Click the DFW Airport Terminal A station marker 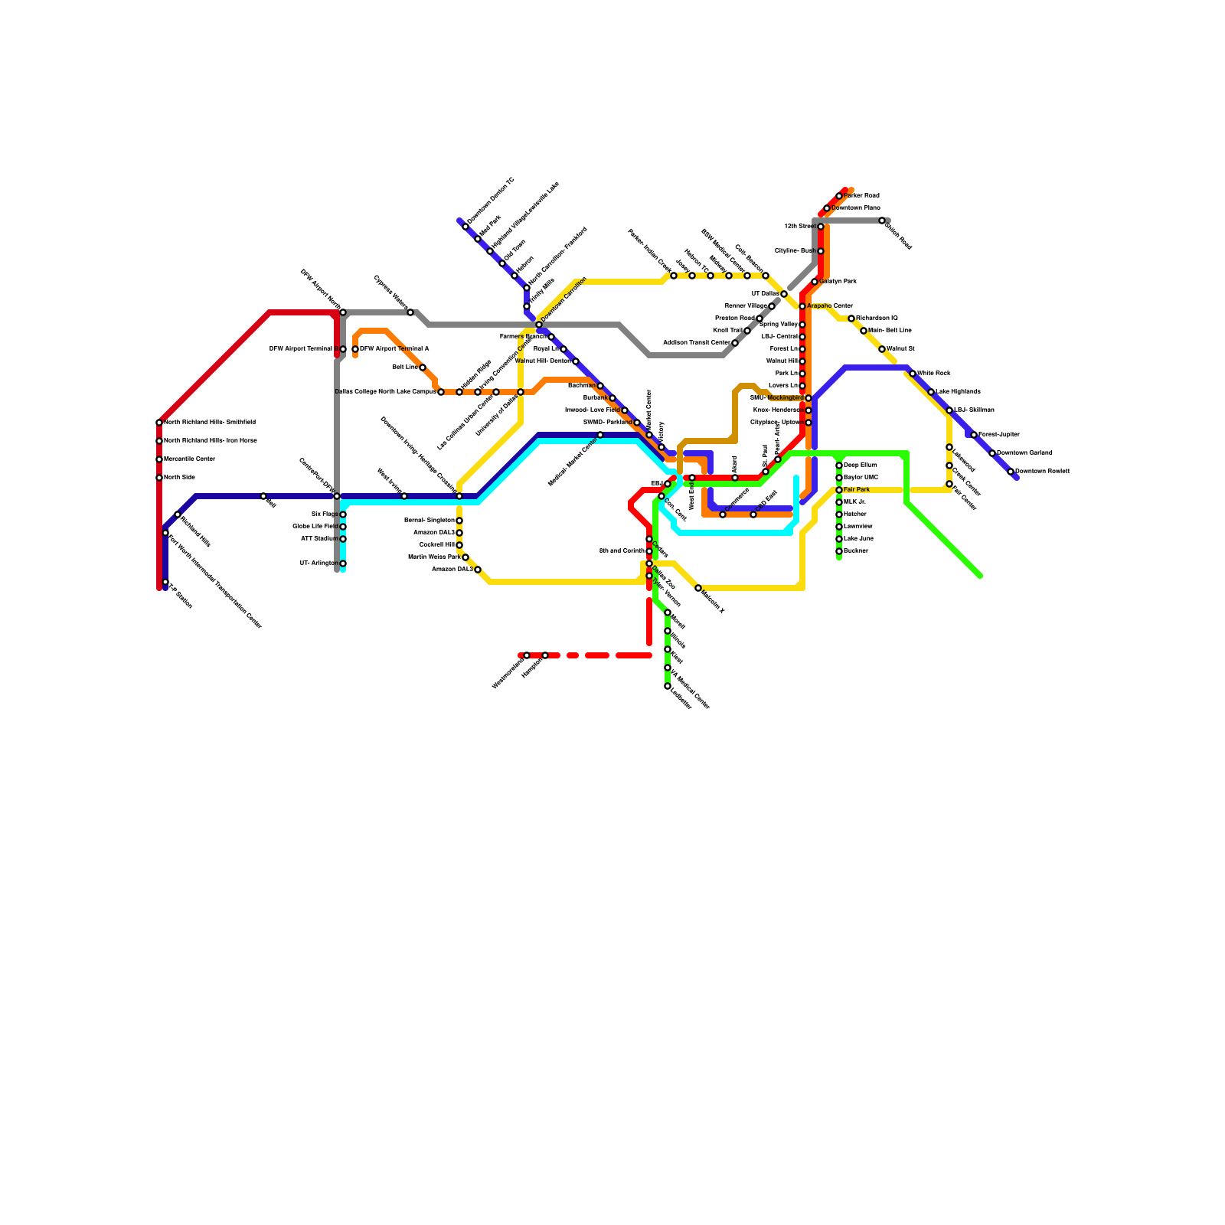(355, 349)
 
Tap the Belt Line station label (404, 367)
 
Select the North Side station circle (159, 478)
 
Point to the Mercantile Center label (189, 459)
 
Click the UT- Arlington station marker (343, 563)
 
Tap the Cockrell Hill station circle (459, 545)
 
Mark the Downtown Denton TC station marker (465, 227)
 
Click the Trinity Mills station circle (527, 306)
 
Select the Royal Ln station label (545, 349)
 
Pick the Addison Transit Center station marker (735, 343)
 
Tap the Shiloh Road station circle (882, 220)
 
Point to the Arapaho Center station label (829, 306)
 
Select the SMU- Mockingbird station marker (808, 398)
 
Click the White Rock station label (933, 374)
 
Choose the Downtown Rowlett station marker (1011, 472)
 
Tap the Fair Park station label (857, 490)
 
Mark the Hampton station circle (545, 655)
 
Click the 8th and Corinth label (622, 551)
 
